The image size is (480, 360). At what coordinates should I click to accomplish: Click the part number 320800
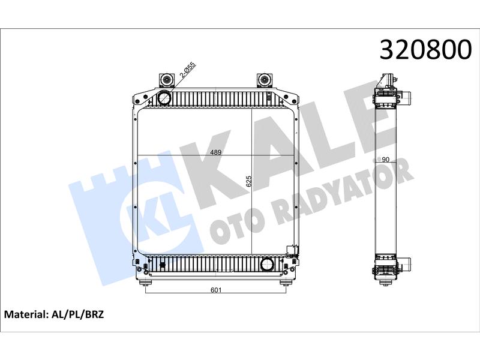tap(425, 49)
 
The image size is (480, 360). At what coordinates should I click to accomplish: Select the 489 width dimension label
tap(216, 152)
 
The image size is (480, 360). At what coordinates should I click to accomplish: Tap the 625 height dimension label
tap(248, 181)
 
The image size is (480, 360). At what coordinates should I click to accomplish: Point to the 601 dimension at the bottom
tap(216, 290)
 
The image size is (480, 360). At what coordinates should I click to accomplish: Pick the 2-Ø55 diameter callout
tap(187, 70)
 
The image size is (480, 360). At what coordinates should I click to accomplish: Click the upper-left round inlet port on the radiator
tap(164, 98)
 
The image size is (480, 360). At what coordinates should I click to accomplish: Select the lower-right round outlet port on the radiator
tap(267, 265)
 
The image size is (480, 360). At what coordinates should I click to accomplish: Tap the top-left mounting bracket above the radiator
tap(166, 80)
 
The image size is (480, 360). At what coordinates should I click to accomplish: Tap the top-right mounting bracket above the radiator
tap(264, 80)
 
